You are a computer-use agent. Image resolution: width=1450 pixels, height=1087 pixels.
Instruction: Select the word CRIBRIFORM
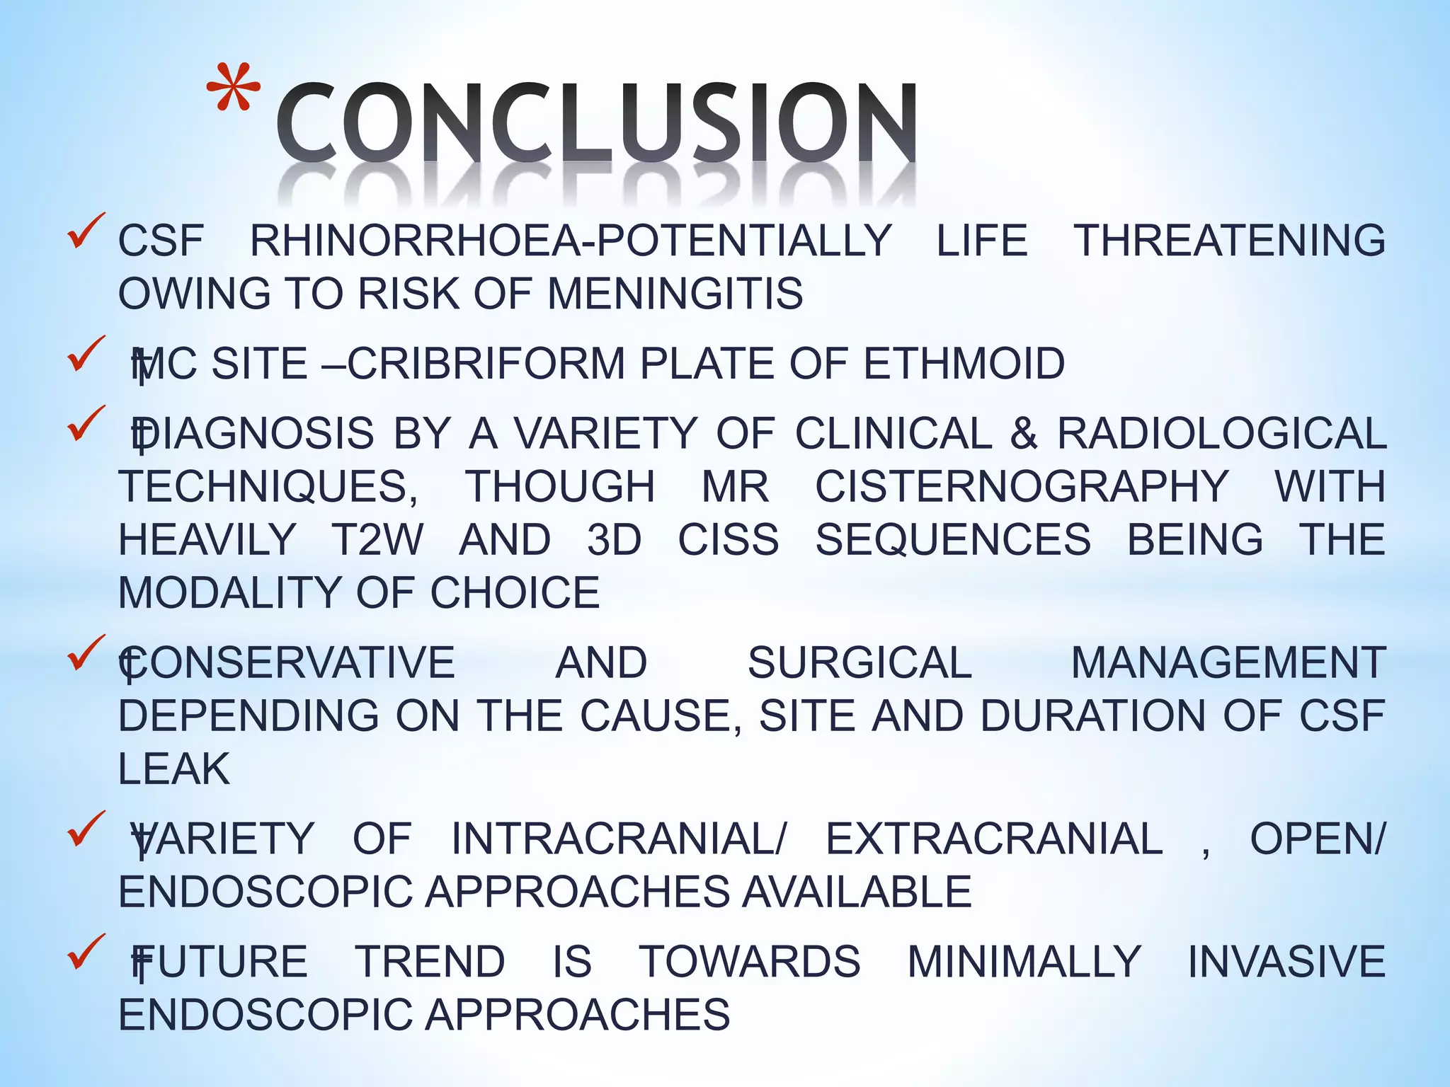click(x=486, y=364)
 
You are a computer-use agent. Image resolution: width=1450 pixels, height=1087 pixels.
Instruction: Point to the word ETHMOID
click(x=964, y=364)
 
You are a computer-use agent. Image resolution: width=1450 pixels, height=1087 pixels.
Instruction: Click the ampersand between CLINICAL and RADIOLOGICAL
click(x=1024, y=433)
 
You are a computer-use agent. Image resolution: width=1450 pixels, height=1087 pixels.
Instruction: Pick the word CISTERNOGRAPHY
click(x=1022, y=487)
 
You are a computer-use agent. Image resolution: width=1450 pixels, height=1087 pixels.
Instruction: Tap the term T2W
click(x=377, y=540)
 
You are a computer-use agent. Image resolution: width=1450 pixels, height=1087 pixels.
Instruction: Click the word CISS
click(x=729, y=540)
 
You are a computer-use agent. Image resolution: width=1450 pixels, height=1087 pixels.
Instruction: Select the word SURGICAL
click(x=860, y=663)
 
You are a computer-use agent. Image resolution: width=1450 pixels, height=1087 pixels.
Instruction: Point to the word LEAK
click(x=174, y=769)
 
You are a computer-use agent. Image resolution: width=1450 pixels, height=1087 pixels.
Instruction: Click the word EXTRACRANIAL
click(x=994, y=839)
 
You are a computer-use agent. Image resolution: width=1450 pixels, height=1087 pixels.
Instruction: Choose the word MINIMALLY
click(x=1024, y=962)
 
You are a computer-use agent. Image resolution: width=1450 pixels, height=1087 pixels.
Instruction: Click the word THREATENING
click(x=1230, y=241)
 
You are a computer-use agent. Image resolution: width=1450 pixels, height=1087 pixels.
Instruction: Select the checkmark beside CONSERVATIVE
click(x=86, y=653)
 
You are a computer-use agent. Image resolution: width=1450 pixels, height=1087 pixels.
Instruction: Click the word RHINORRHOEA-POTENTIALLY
click(x=571, y=241)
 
